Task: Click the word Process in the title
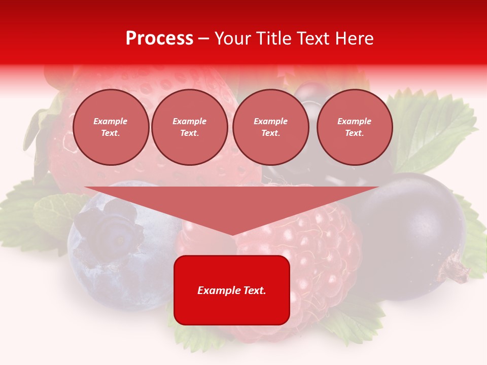coord(159,39)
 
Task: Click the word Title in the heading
coord(272,39)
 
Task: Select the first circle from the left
coord(111,127)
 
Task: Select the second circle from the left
coord(189,127)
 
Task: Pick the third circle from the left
coord(270,127)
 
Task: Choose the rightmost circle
coord(354,127)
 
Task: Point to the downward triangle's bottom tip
coord(232,234)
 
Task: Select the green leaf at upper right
coord(431,127)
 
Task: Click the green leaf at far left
coord(25,213)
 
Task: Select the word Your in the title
coord(233,39)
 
